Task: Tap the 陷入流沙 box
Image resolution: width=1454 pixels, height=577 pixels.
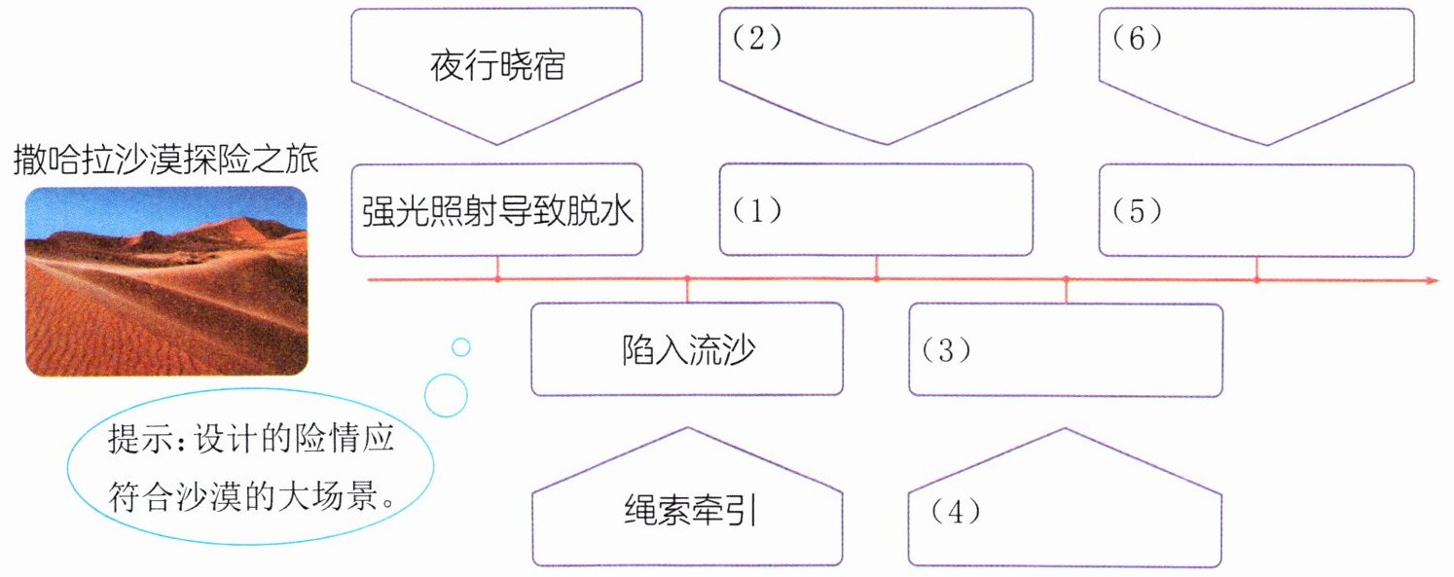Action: click(687, 349)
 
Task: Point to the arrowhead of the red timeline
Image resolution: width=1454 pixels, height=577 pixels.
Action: click(1432, 280)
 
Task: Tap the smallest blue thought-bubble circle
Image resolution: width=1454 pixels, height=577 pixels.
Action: click(461, 346)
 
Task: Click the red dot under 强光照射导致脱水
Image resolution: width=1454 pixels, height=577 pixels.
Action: click(497, 280)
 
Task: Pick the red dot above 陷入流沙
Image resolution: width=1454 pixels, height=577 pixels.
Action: click(687, 280)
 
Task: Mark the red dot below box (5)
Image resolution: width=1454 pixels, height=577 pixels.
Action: click(1255, 280)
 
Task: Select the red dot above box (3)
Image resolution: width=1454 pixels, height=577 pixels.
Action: click(1066, 280)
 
